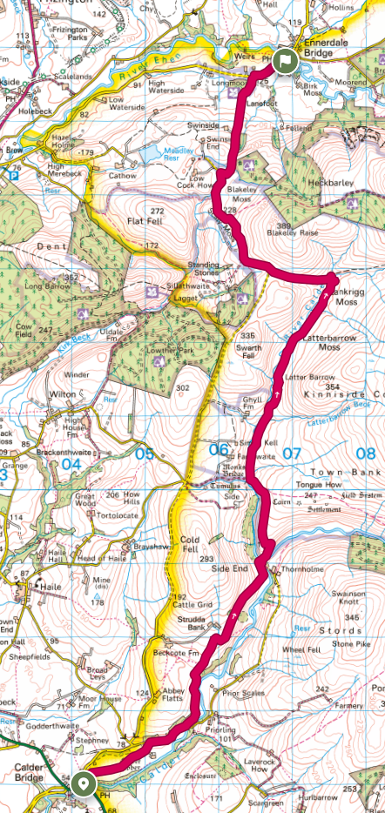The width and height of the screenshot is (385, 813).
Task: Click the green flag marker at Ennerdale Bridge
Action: point(285,61)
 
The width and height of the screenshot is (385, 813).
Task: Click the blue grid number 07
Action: point(291,453)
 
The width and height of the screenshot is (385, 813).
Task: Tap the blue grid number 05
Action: point(144,454)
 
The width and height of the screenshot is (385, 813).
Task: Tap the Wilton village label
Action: point(64,393)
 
